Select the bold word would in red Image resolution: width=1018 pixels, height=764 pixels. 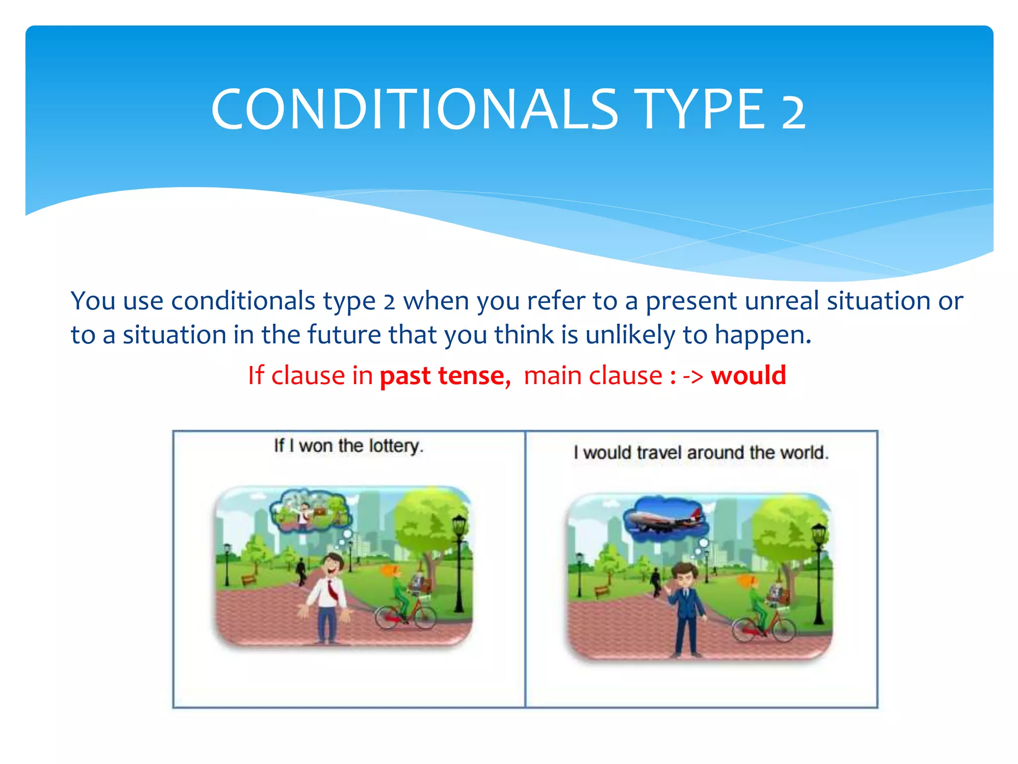[x=748, y=375]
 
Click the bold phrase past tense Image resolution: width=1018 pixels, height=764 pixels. [x=443, y=376]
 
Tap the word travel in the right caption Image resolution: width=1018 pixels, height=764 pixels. [x=660, y=453]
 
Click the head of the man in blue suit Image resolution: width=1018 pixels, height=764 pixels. [x=684, y=576]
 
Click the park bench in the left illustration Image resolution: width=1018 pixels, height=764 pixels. [x=248, y=580]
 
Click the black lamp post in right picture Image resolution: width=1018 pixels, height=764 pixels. [x=818, y=572]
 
